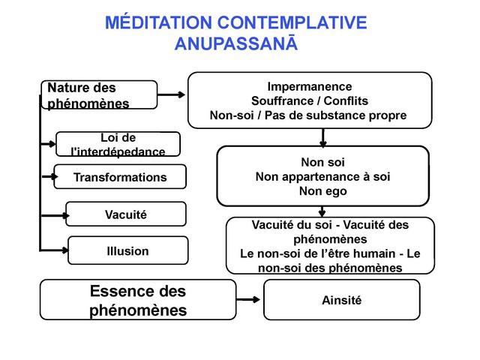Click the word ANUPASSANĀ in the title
236,43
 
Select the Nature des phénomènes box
97,96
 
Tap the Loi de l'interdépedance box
118,144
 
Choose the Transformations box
120,178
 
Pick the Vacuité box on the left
125,214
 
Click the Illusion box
127,251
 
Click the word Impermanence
309,86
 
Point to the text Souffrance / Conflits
309,100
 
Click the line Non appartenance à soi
322,176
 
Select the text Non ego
322,191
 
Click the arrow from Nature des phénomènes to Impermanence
172,95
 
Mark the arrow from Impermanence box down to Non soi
322,136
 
